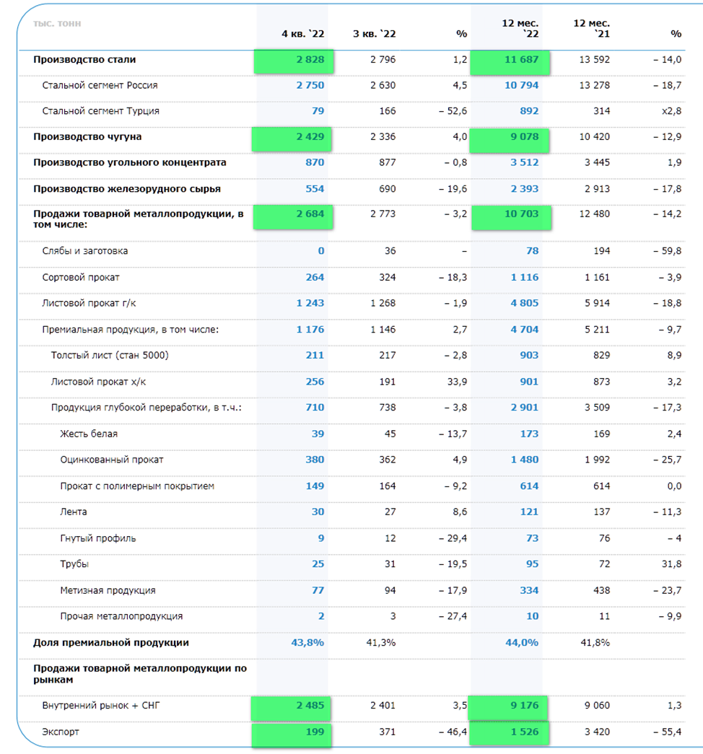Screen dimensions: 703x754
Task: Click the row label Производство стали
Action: click(x=84, y=60)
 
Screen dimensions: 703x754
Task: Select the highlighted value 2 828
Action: click(x=310, y=60)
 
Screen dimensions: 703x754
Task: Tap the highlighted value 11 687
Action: click(x=521, y=60)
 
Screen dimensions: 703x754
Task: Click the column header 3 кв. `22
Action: click(x=374, y=34)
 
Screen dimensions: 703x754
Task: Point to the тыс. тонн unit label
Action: click(x=57, y=24)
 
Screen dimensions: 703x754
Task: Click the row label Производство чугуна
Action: click(x=87, y=136)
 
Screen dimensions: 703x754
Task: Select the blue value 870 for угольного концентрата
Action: click(x=315, y=162)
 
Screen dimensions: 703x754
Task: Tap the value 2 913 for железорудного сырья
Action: click(x=597, y=188)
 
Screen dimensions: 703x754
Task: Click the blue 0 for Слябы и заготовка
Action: click(x=321, y=250)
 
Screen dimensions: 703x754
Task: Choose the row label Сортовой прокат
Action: click(x=80, y=278)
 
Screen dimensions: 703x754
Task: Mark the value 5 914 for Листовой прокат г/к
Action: click(x=597, y=303)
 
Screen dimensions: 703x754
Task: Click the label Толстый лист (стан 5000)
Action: click(x=110, y=356)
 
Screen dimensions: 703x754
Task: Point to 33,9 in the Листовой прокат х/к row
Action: click(x=457, y=382)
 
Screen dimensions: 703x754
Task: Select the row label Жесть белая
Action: click(x=89, y=434)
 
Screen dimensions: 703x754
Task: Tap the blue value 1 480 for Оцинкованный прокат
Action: click(x=525, y=459)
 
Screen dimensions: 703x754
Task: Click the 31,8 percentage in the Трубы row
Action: click(x=671, y=564)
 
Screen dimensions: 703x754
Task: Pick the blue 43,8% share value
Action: click(x=307, y=642)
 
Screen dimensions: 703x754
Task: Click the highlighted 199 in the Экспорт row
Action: click(x=315, y=732)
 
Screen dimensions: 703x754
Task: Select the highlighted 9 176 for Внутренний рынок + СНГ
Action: click(x=525, y=706)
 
